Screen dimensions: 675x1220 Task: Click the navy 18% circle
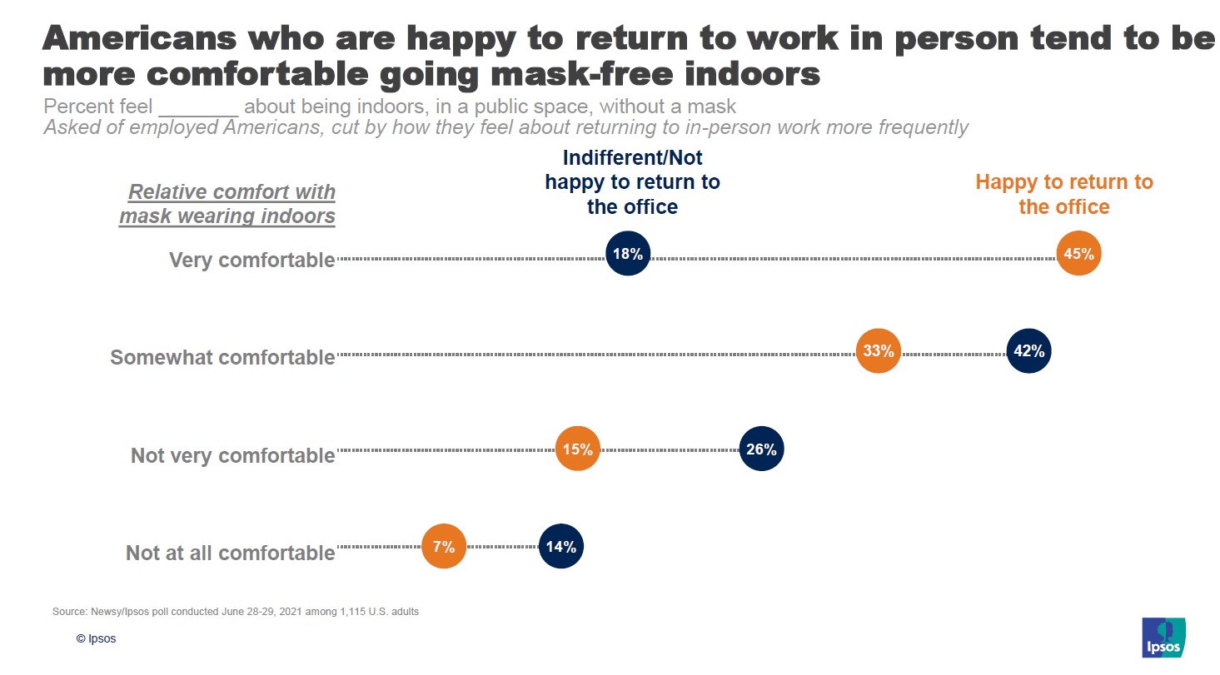pos(628,254)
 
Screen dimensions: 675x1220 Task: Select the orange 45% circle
pos(1078,253)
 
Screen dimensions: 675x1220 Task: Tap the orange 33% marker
pos(879,351)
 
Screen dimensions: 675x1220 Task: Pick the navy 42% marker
pos(1028,351)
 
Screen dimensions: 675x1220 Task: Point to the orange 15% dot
pos(578,449)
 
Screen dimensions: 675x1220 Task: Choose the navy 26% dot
pos(761,449)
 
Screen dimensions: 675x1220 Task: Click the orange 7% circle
pos(444,547)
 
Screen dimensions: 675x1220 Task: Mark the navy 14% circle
pos(561,547)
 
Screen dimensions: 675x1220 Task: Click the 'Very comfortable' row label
pos(251,260)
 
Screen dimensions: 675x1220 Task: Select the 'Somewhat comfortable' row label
pos(222,357)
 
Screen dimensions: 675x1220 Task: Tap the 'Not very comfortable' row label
pos(232,455)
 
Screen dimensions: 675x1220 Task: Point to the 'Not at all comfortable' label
pos(230,553)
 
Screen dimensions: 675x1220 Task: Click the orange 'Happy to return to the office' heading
pos(1064,194)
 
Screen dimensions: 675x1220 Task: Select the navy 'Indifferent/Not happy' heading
pos(632,182)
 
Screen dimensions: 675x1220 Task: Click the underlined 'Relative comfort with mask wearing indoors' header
pos(227,204)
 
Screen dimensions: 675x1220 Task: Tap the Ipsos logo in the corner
pos(1163,638)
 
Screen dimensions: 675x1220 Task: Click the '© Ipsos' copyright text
pos(97,639)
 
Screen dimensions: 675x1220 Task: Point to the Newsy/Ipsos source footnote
pos(236,612)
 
